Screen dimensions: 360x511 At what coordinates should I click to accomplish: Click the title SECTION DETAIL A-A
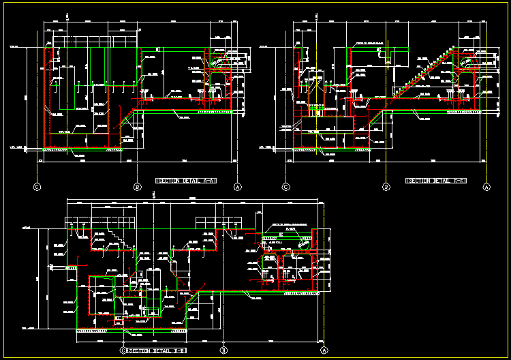(186, 181)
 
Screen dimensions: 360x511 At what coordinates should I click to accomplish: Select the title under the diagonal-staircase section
(435, 181)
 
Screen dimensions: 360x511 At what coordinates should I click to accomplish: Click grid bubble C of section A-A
(37, 186)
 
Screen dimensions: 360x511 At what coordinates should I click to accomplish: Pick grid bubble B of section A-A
(137, 186)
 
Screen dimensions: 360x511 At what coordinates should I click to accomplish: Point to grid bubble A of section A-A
(238, 186)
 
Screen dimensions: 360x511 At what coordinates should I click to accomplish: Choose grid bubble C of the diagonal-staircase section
(286, 186)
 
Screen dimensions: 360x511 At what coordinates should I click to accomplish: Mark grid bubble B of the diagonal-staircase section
(386, 186)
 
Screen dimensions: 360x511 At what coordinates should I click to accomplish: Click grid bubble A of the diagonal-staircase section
(486, 186)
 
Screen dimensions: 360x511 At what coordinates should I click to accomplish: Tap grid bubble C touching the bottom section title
(123, 350)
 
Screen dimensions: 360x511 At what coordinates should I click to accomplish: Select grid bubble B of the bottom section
(223, 350)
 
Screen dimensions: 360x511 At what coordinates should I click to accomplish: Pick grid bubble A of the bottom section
(324, 350)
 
